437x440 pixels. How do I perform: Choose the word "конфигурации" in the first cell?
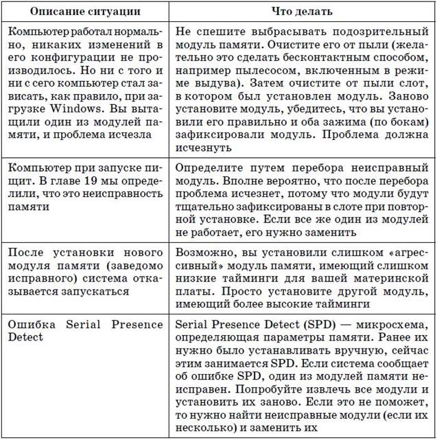[x=73, y=58]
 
